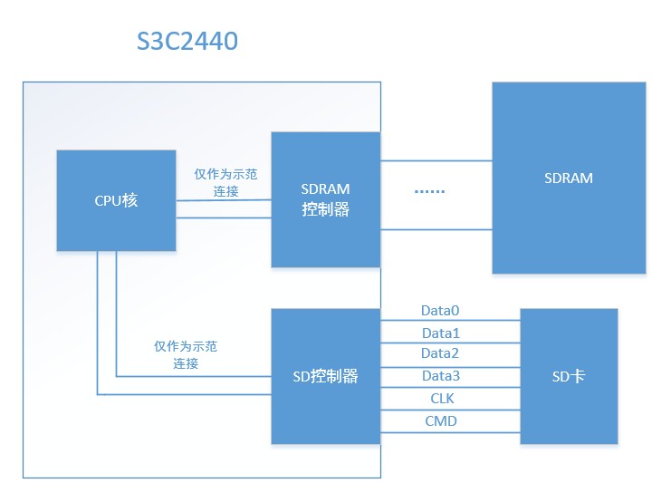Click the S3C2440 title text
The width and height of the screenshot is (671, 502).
pos(187,41)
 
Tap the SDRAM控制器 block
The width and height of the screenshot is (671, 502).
pos(326,199)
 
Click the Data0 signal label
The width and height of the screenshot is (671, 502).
pos(440,310)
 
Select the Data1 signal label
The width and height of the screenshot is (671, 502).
pos(440,333)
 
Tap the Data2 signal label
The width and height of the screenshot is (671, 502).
pos(440,353)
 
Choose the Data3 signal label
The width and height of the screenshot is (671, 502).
pos(440,376)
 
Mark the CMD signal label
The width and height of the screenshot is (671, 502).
pos(440,421)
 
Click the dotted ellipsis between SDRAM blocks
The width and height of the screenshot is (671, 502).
pos(429,192)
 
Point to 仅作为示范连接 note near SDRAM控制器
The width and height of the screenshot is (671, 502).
pos(225,182)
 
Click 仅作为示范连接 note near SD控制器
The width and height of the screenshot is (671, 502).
pos(186,354)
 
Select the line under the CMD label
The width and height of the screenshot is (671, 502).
pos(450,433)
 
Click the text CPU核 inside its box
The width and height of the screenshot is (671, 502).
pos(116,201)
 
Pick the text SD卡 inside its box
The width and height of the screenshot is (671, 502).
pos(569,376)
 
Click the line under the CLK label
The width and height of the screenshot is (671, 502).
pos(450,410)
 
